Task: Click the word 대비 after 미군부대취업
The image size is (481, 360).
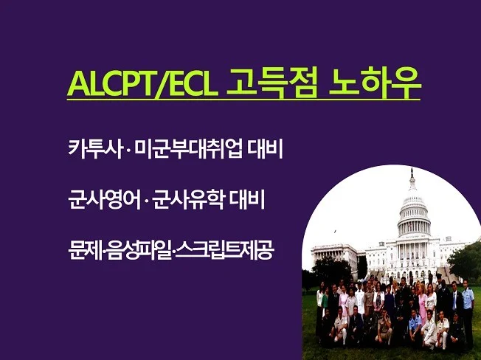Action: pyautogui.click(x=265, y=150)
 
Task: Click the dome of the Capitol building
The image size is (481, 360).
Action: pyautogui.click(x=413, y=210)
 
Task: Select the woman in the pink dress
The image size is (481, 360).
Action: pyautogui.click(x=422, y=302)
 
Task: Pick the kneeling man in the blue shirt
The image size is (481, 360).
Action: pyautogui.click(x=415, y=325)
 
